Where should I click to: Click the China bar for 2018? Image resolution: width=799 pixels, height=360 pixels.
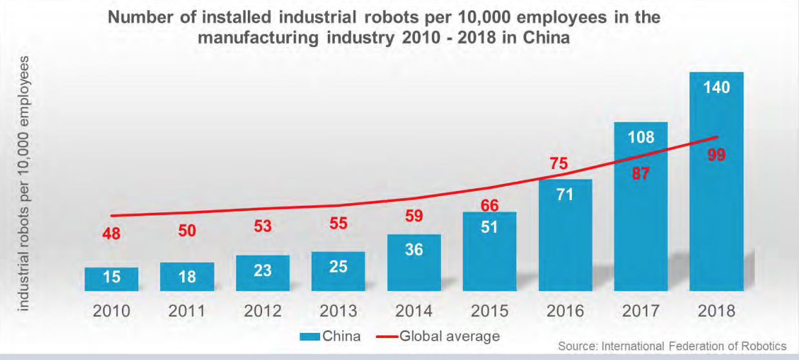[x=716, y=194]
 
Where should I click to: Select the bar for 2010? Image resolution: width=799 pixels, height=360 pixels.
[x=111, y=279]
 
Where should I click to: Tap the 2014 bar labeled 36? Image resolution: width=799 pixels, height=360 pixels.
[x=414, y=263]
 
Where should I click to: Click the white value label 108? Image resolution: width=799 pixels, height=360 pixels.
[x=641, y=137]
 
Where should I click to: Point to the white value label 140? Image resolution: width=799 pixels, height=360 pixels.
[x=716, y=87]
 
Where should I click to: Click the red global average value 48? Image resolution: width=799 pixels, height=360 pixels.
[x=111, y=234]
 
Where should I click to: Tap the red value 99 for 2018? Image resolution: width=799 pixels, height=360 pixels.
[x=716, y=155]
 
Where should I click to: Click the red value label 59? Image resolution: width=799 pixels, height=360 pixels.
[x=414, y=216]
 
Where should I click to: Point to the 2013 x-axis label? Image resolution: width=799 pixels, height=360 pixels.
[x=338, y=310]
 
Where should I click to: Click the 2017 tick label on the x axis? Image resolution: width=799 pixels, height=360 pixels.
[x=641, y=310]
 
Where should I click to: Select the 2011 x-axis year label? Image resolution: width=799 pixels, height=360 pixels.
[x=187, y=310]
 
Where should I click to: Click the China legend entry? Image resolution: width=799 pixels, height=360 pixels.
[x=329, y=336]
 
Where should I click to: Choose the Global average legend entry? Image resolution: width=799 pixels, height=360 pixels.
[x=439, y=336]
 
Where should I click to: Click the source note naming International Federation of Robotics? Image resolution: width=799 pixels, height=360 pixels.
[x=672, y=346]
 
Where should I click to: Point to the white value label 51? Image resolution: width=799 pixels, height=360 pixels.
[x=489, y=228]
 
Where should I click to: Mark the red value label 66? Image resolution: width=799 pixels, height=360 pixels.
[x=489, y=205]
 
